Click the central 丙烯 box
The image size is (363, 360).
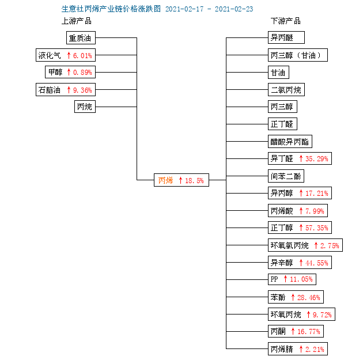(x=181, y=180)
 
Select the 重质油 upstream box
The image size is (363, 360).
(x=81, y=37)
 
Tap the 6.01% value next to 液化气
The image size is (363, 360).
(x=82, y=55)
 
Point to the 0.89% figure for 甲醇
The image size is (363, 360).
(x=82, y=73)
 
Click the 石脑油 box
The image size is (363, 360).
(x=66, y=89)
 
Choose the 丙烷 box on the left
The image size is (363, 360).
(x=85, y=107)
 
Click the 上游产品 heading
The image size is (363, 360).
(x=77, y=21)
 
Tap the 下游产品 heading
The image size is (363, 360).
(x=286, y=21)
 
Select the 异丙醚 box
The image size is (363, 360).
(x=286, y=37)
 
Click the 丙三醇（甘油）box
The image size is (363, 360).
(x=298, y=55)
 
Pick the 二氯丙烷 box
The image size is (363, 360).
(x=286, y=89)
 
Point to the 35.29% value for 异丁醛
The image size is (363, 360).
(x=317, y=159)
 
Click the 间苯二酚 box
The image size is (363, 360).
(x=286, y=176)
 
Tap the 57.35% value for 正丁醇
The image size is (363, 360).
(x=317, y=228)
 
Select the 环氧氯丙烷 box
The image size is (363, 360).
(x=305, y=245)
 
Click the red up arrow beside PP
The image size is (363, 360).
(x=285, y=279)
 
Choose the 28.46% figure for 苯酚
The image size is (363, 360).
(x=309, y=298)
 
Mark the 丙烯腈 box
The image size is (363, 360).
(x=298, y=348)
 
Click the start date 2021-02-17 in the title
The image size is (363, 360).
(x=184, y=9)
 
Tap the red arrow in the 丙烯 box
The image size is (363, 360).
(x=180, y=180)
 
